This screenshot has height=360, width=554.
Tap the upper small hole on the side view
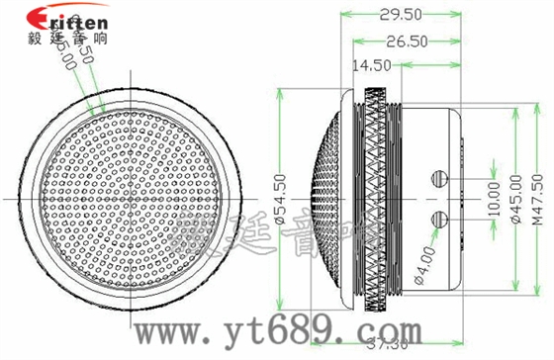[439, 177]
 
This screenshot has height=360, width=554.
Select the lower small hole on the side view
[439, 217]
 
